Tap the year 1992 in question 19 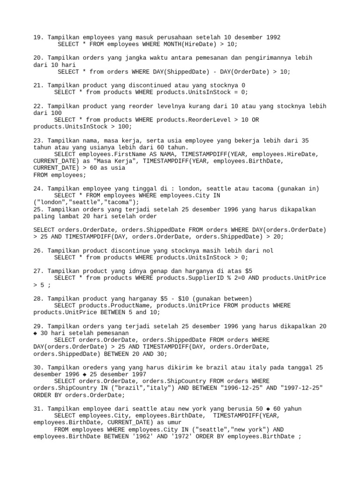pos(272,37)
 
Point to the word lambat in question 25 pos(70,217)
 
